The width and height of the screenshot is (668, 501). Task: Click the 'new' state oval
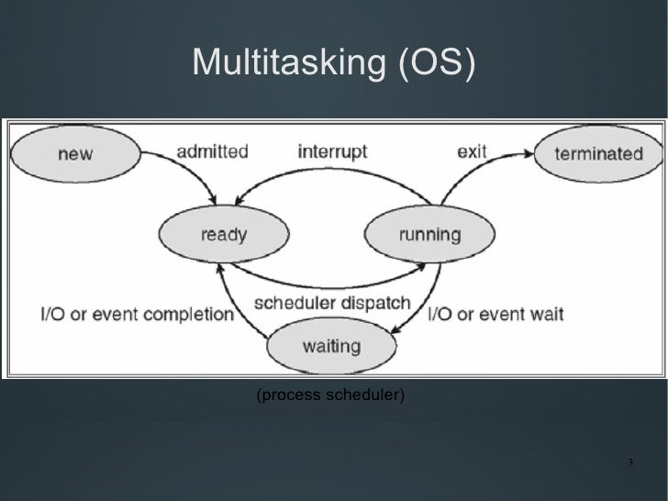(x=74, y=154)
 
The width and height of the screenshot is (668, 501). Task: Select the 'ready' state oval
(x=223, y=235)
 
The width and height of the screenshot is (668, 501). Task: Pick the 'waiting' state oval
(x=331, y=347)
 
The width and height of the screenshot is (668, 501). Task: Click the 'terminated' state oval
(x=598, y=154)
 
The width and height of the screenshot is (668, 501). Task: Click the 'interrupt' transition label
(x=332, y=152)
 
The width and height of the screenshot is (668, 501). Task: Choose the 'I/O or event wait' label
(x=496, y=315)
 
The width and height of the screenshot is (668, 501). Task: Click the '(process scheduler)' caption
(x=331, y=395)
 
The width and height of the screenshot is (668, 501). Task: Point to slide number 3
(x=630, y=461)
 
